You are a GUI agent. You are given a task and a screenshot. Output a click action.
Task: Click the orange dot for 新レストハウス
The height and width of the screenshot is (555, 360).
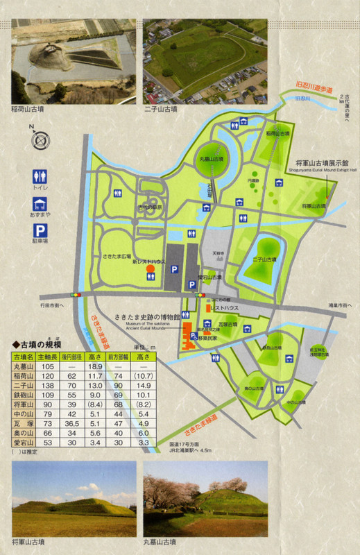point(151,276)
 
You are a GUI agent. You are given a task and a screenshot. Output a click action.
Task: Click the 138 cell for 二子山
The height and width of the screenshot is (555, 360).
point(48,384)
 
